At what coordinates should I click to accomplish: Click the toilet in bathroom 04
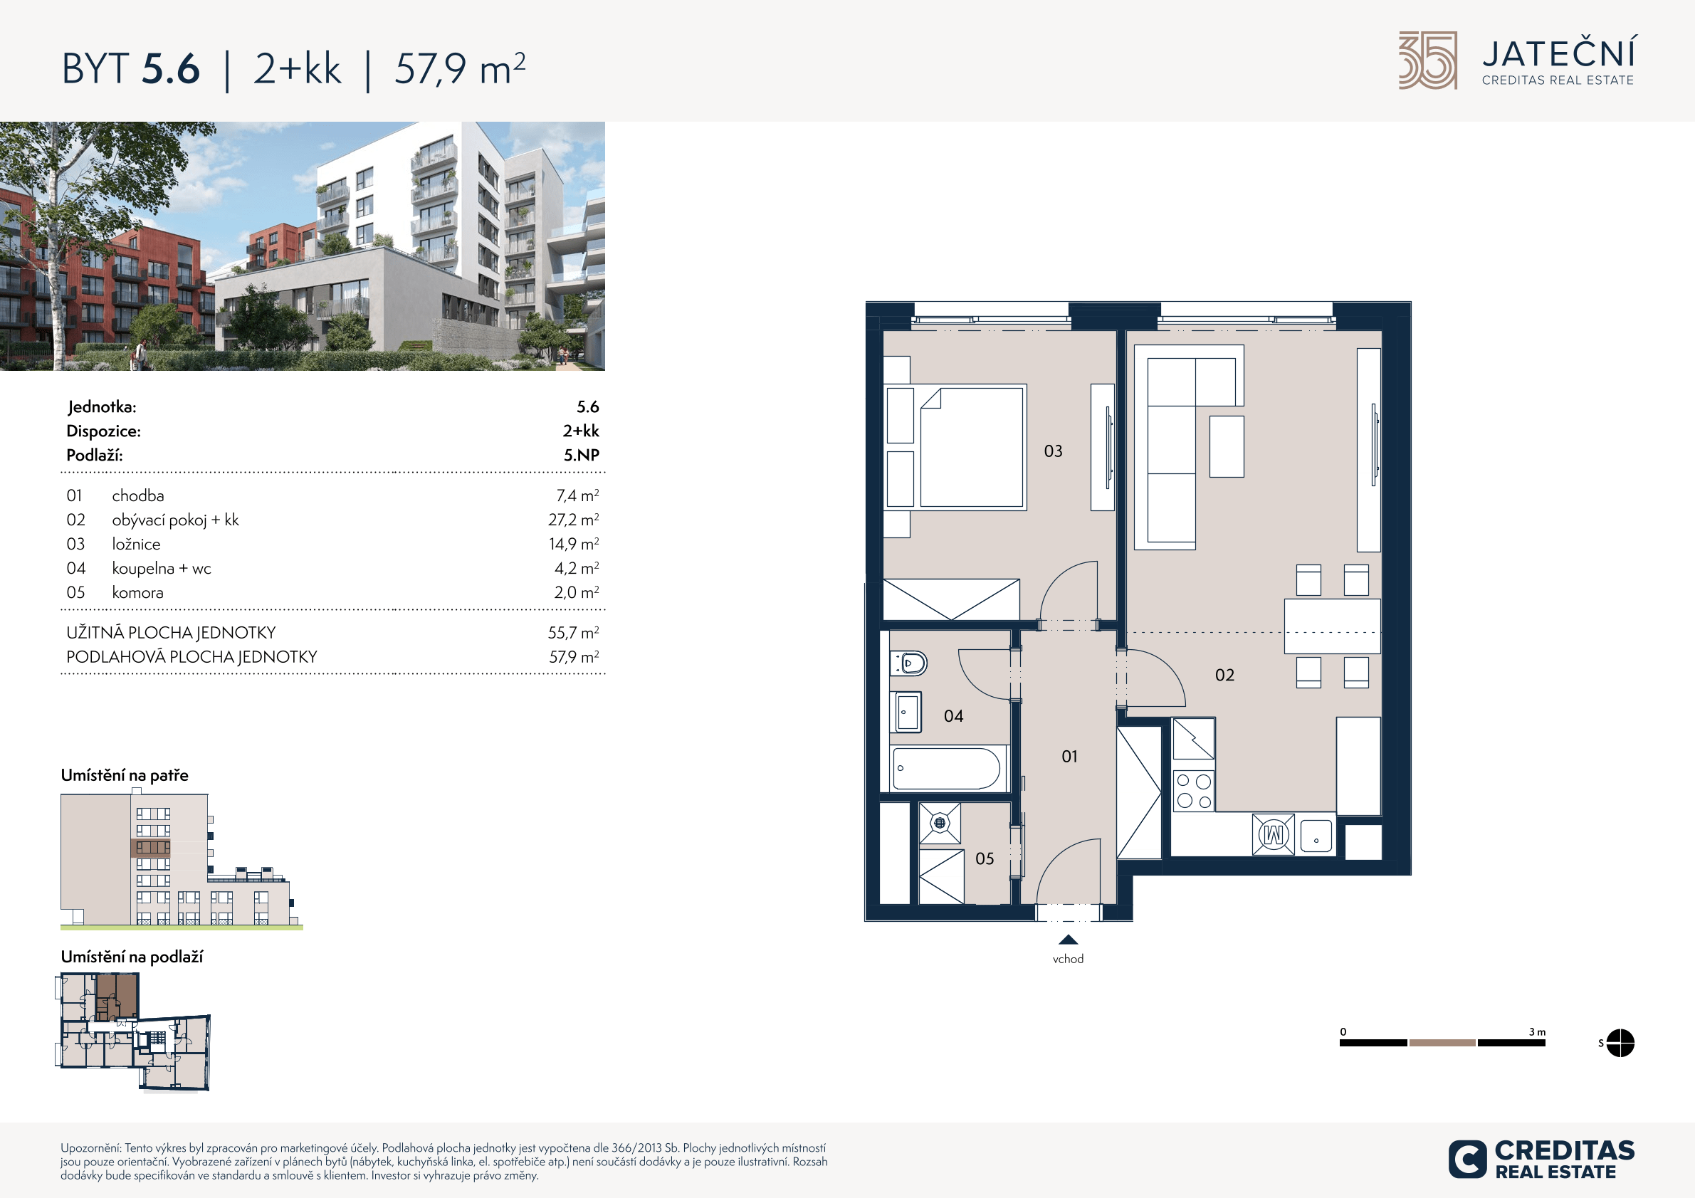click(x=909, y=663)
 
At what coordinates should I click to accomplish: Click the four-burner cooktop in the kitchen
click(x=1194, y=791)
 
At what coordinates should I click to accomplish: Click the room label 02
click(x=1224, y=676)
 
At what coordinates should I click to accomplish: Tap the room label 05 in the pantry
click(x=985, y=858)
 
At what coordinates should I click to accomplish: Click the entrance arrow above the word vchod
click(x=1069, y=940)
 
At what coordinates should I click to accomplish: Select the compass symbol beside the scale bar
click(x=1620, y=1043)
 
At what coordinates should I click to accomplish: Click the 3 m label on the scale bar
click(x=1537, y=1032)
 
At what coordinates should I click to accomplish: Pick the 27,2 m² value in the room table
click(x=574, y=520)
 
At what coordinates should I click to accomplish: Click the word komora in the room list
click(x=138, y=592)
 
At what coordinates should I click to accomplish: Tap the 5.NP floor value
click(x=582, y=455)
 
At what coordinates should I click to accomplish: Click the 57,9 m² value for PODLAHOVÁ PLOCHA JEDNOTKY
click(x=574, y=656)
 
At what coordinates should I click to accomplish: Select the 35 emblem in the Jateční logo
click(x=1428, y=61)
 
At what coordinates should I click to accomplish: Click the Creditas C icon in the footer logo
click(x=1468, y=1159)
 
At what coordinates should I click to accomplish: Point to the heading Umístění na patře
click(x=125, y=775)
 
